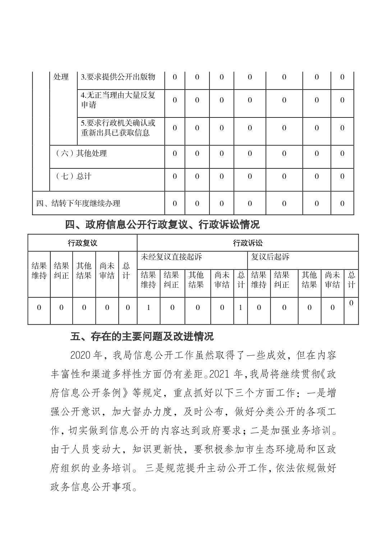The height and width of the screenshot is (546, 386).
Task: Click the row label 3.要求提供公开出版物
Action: [x=118, y=77]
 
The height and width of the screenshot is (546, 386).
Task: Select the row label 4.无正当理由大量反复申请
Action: [x=118, y=100]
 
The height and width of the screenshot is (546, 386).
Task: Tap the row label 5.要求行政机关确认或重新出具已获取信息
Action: [x=118, y=128]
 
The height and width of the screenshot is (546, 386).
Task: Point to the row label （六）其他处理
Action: [x=81, y=153]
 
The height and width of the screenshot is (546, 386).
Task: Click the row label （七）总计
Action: [x=74, y=176]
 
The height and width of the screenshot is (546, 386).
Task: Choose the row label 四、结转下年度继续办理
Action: [x=78, y=203]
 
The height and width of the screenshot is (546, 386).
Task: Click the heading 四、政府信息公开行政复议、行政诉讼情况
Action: [x=162, y=225]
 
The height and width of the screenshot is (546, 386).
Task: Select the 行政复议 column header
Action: [x=82, y=243]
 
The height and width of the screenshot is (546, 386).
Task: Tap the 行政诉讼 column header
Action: [x=248, y=243]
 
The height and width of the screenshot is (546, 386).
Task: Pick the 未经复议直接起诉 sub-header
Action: [x=171, y=257]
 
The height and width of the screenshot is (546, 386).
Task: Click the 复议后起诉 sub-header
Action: [x=270, y=257]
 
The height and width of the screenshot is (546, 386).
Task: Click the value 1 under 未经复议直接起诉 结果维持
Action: [x=148, y=307]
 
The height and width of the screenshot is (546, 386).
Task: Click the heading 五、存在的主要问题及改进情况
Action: [x=142, y=337]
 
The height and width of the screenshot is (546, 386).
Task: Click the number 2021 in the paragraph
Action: [x=219, y=374]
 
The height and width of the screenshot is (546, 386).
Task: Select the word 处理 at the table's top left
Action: [x=61, y=77]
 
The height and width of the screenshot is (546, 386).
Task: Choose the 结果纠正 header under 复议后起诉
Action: [x=281, y=280]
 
